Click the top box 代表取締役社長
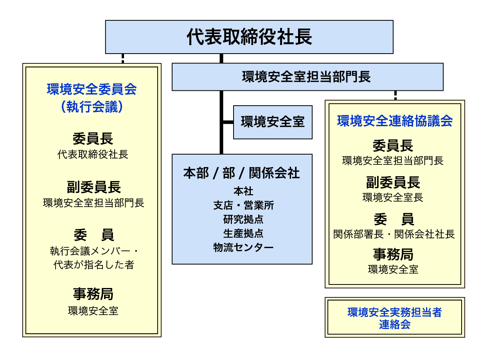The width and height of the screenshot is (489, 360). pyautogui.click(x=249, y=37)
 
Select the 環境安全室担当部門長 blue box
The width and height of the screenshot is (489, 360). pyautogui.click(x=307, y=77)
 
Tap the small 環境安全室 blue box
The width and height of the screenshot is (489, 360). pyautogui.click(x=273, y=122)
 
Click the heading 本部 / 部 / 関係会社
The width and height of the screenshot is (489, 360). pyautogui.click(x=242, y=173)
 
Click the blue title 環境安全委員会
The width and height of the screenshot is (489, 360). pyautogui.click(x=92, y=89)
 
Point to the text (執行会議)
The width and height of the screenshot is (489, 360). pyautogui.click(x=92, y=107)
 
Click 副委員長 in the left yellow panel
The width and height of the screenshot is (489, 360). pyautogui.click(x=93, y=187)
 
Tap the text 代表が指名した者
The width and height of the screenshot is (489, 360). pyautogui.click(x=93, y=265)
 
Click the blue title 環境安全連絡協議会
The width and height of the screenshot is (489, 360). pyautogui.click(x=395, y=121)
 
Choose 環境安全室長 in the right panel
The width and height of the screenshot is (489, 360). pyautogui.click(x=393, y=197)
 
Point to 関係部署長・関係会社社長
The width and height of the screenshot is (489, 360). pyautogui.click(x=394, y=234)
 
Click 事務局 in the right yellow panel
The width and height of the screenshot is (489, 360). pyautogui.click(x=393, y=254)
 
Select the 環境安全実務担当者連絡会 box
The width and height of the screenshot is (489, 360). pyautogui.click(x=395, y=317)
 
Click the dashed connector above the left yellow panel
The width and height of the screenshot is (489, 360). pyautogui.click(x=123, y=58)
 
